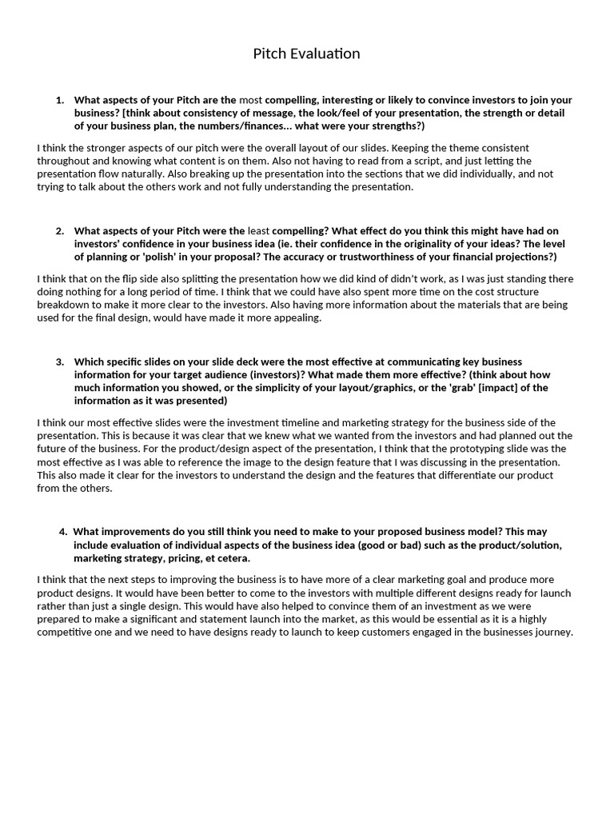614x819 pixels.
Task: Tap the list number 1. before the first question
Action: tap(60, 100)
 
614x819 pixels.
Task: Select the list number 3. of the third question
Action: tap(60, 362)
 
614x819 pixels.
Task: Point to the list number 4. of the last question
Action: tap(63, 532)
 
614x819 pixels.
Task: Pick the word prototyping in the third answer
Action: tap(443, 449)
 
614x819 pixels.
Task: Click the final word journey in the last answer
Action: tap(554, 632)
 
